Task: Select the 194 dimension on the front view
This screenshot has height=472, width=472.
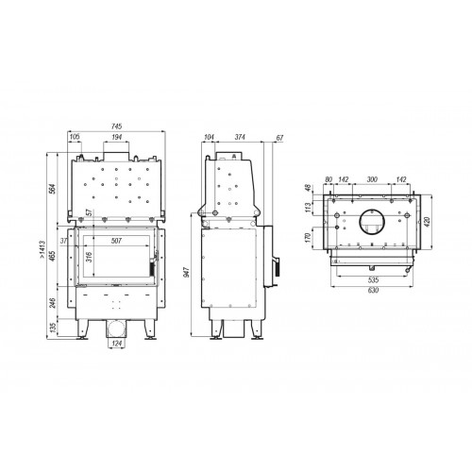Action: [x=115, y=138]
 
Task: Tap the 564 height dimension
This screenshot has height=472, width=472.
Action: [x=52, y=187]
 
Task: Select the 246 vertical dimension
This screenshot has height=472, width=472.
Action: [x=52, y=304]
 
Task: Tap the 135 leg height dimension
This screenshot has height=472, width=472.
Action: [x=52, y=330]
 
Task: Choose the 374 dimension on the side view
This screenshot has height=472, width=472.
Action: [x=242, y=138]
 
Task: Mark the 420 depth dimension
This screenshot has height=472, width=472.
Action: [x=436, y=223]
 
